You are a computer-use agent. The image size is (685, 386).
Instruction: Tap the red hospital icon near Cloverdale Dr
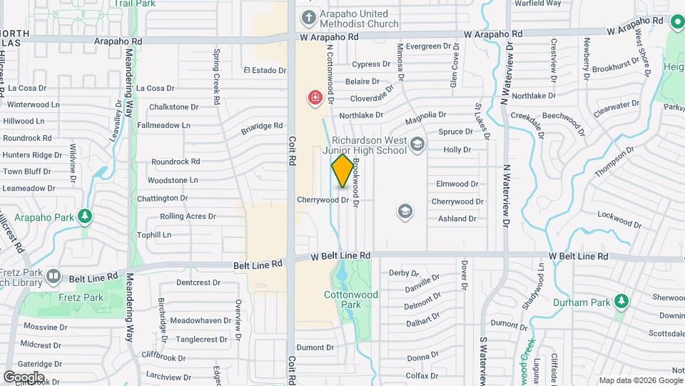coord(314,98)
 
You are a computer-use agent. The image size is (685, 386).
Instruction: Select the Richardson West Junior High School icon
coord(417,146)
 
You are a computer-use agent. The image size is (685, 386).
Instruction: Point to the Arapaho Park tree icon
coord(86,215)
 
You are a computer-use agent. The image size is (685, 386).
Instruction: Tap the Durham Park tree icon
coord(622,302)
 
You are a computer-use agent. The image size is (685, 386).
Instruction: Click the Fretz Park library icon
coord(53,276)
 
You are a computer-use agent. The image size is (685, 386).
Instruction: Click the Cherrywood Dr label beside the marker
coord(323,200)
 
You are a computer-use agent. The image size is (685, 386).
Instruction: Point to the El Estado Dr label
coord(264,70)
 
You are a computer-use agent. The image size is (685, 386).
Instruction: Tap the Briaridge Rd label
coord(262,126)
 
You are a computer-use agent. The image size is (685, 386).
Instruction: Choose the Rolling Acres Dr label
coord(188,216)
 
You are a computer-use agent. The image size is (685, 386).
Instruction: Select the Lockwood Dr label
coord(616,214)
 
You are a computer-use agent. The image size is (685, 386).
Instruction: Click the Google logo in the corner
coord(24,377)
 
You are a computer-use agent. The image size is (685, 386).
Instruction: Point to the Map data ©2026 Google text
coord(640,380)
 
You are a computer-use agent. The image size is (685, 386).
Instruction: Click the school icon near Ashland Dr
coord(405,212)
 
